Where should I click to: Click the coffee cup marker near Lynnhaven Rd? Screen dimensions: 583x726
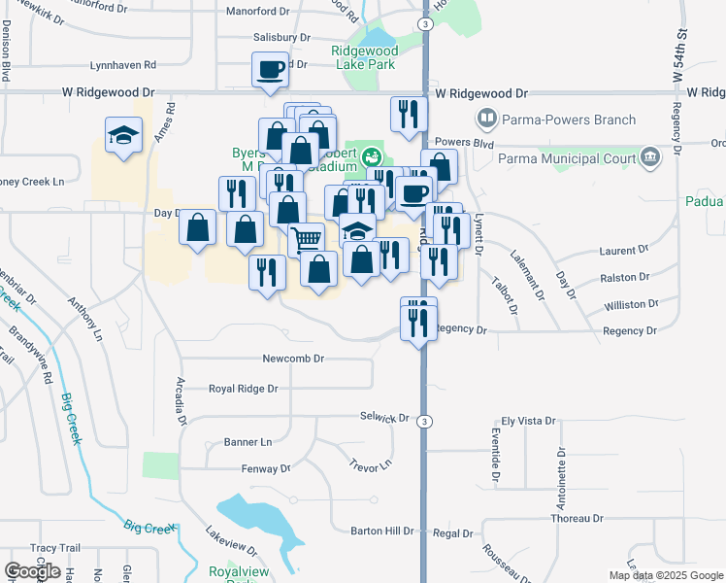tap(270, 70)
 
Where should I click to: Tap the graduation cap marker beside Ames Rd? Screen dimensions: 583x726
tap(123, 136)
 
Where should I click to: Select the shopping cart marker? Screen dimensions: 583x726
tap(307, 238)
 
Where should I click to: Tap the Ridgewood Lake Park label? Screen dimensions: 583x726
tap(364, 56)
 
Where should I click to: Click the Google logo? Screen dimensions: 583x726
tap(32, 571)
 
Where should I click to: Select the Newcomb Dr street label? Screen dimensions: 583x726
tap(292, 359)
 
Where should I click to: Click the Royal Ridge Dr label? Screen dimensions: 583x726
tap(244, 389)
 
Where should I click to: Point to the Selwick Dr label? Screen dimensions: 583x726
tap(384, 418)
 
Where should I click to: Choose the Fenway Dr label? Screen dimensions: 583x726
tap(266, 468)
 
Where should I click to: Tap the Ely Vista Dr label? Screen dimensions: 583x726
tap(529, 422)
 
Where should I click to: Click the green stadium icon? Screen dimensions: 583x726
tap(371, 155)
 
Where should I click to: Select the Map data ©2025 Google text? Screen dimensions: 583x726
tap(665, 575)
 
